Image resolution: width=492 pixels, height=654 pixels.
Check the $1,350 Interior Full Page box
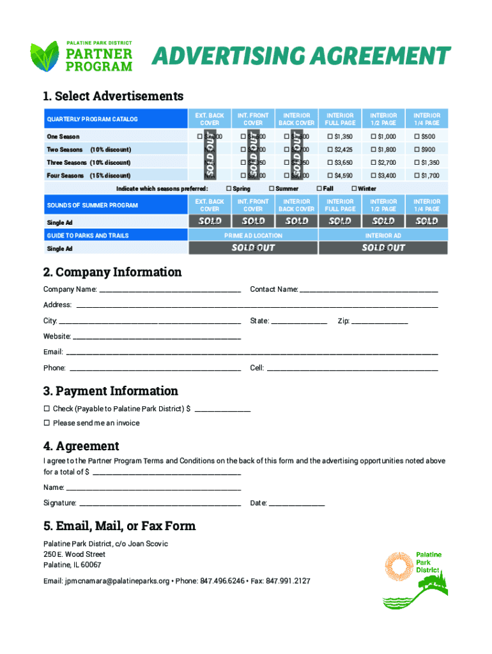(330, 137)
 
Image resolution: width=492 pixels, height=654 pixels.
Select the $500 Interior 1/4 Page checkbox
(416, 137)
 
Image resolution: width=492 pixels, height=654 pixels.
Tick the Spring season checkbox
(228, 189)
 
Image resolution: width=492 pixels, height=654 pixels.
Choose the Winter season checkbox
(354, 189)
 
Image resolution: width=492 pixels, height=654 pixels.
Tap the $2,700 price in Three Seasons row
(386, 163)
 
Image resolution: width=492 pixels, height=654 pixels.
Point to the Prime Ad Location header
(253, 236)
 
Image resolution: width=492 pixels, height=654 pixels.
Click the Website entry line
(157, 337)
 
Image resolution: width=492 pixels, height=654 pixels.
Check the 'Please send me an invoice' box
(47, 423)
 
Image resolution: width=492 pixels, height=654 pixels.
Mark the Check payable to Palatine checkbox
(47, 409)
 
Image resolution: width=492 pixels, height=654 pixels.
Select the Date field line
(296, 504)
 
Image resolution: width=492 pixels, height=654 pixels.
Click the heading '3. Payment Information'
(111, 391)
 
